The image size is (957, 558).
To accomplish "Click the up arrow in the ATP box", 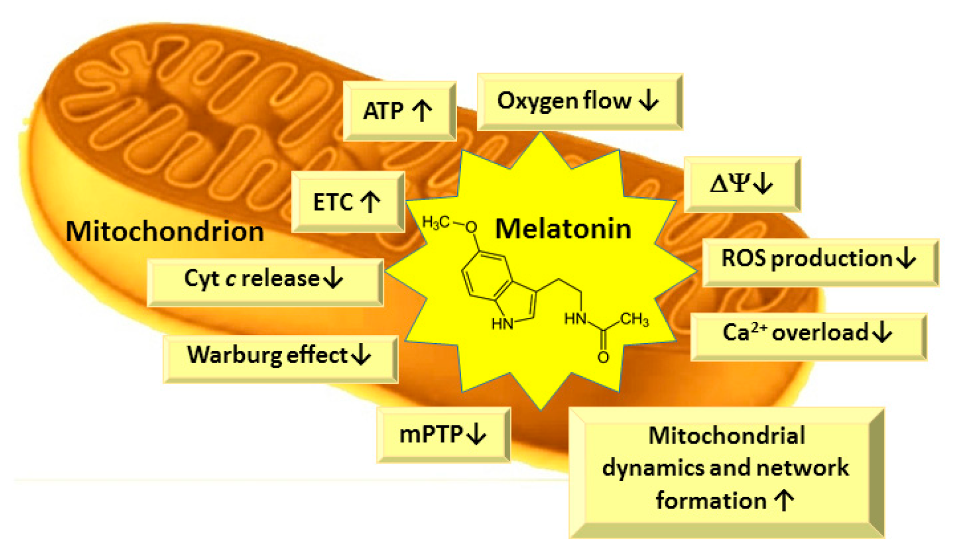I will point(422,110).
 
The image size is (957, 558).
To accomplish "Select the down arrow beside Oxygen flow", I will point(649,101).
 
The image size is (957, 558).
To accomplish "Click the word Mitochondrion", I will point(165,232).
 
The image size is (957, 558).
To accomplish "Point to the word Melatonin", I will point(563,229).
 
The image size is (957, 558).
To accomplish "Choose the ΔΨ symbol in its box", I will point(729,184).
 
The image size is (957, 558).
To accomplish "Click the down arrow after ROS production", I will point(906,258).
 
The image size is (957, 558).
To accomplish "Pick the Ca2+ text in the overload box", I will point(743,332).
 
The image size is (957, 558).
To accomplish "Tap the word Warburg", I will point(235,355).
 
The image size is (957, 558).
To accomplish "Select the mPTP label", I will point(431,435).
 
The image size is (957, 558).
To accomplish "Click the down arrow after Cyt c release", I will point(333,278).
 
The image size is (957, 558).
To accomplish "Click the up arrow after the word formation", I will point(784,501).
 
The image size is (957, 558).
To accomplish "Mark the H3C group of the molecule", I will point(436,222).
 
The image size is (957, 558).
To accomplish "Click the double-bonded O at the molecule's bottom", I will point(603,358).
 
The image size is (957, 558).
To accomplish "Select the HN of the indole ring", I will point(503,324).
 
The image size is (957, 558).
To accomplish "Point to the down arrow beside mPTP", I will point(476,435).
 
